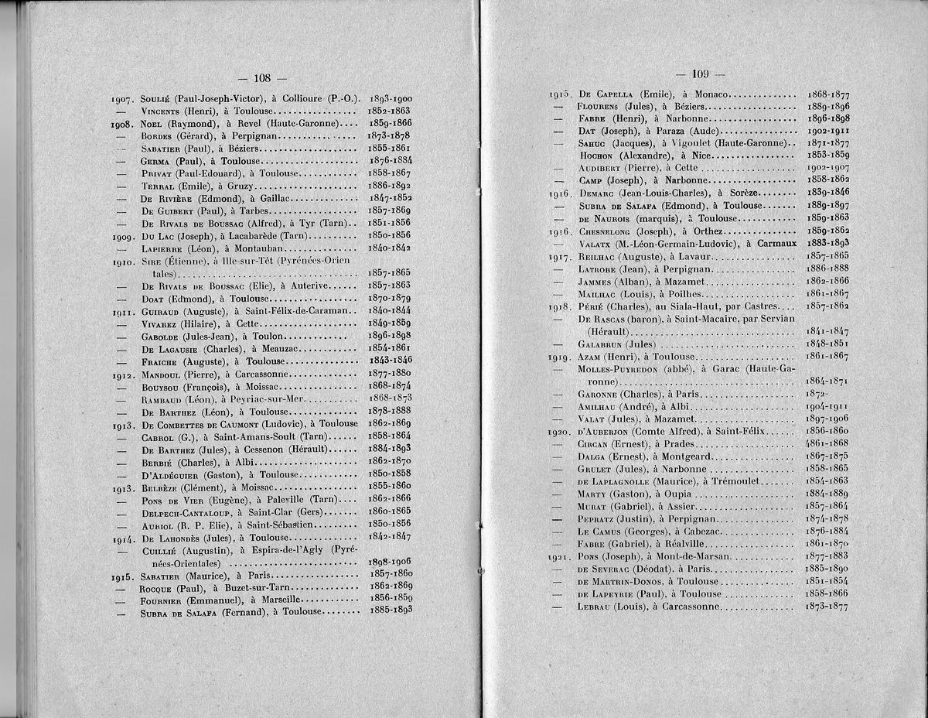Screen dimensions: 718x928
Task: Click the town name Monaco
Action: pyautogui.click(x=708, y=94)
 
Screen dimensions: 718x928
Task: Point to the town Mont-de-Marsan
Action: pyautogui.click(x=687, y=556)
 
